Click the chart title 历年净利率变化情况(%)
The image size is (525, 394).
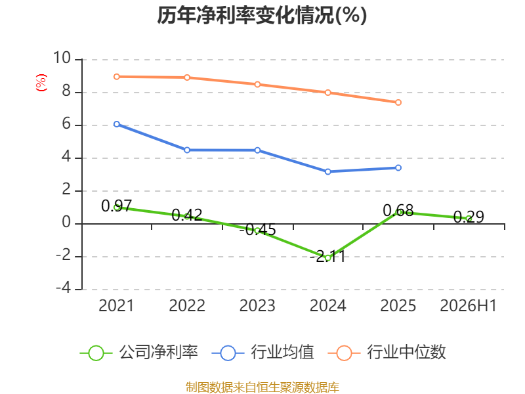[262, 15]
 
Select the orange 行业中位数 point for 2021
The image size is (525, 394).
[117, 77]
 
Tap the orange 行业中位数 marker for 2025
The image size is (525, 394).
[398, 102]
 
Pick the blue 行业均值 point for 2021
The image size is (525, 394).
[117, 124]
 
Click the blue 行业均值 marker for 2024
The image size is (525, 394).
[327, 171]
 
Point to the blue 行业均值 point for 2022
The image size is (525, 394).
[187, 150]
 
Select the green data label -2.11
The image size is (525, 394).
[327, 257]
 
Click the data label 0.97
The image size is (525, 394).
[117, 206]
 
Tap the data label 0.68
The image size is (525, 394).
[398, 211]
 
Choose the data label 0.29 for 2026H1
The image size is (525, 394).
[469, 217]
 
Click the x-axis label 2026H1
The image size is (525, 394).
[468, 305]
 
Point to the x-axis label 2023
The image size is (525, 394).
[257, 305]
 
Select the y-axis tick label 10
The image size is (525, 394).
[62, 58]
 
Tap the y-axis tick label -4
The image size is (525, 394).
[63, 288]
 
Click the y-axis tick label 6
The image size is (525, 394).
[66, 124]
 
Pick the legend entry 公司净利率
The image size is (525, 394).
[139, 353]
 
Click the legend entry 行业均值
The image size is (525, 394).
[263, 353]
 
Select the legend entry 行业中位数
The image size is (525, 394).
[387, 353]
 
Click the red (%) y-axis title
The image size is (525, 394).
[41, 83]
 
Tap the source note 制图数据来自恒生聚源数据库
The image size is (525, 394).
[262, 387]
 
